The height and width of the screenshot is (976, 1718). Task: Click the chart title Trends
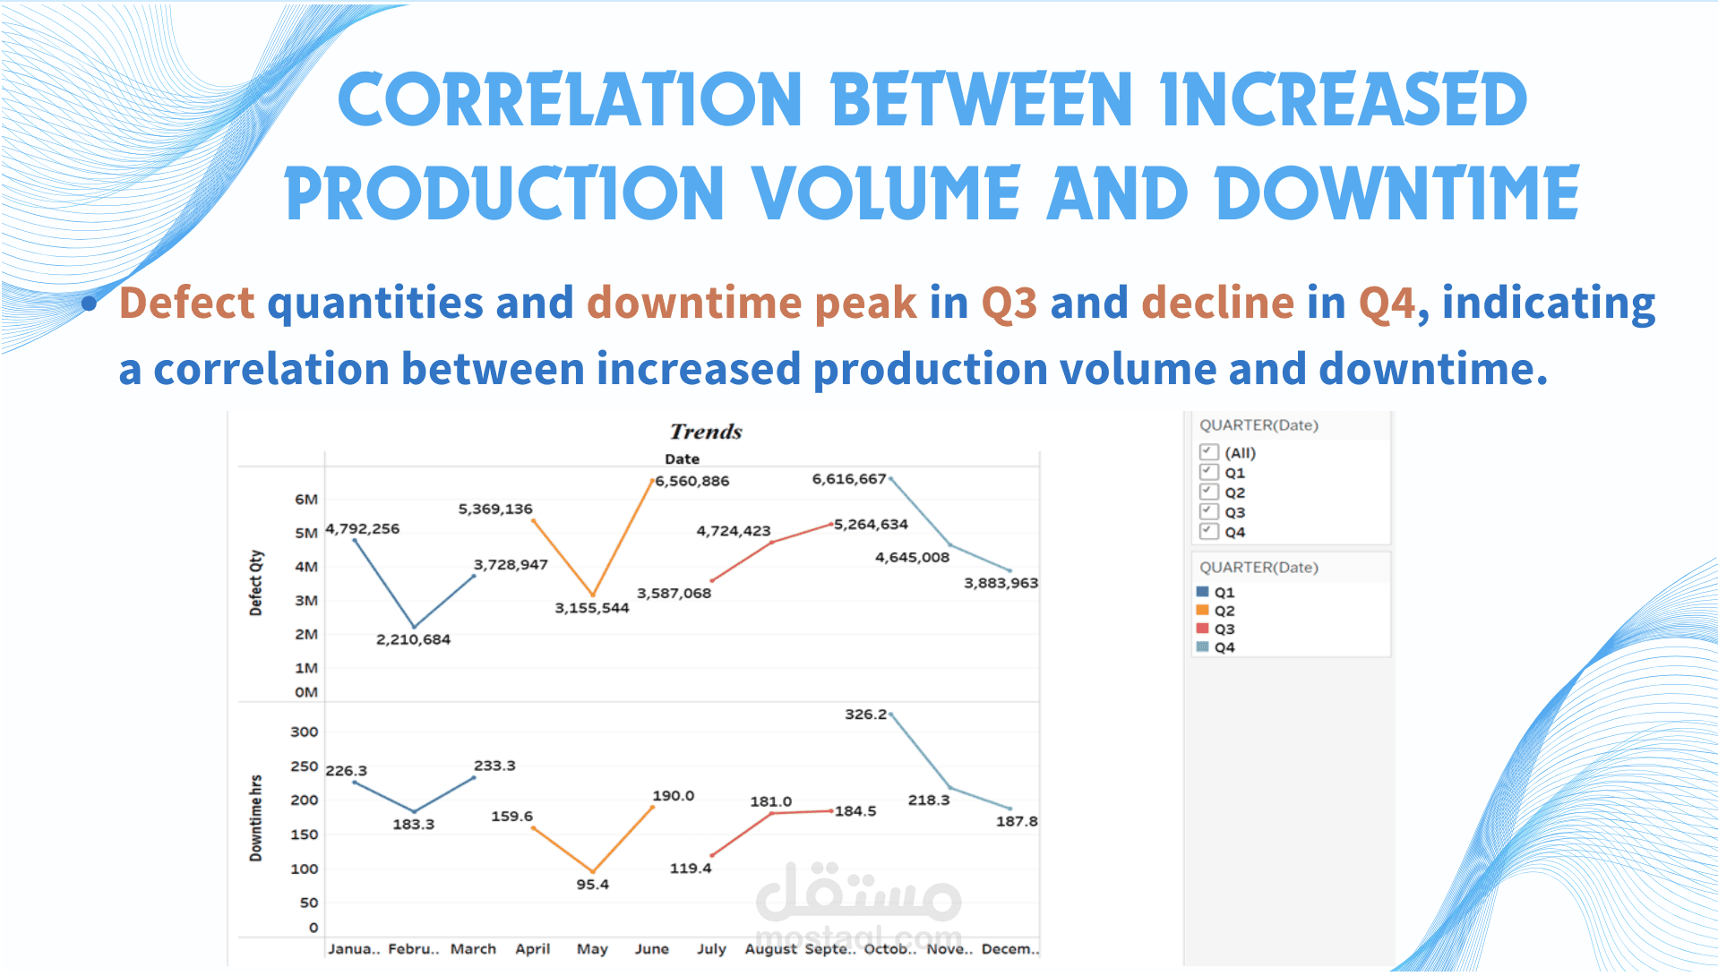[706, 432]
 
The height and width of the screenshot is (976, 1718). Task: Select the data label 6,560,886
[692, 481]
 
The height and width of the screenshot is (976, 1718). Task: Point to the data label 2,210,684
[413, 639]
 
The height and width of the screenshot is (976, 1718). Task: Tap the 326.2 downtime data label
[865, 714]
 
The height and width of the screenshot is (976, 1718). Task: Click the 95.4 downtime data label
[592, 884]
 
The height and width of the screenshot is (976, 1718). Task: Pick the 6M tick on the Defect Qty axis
[306, 499]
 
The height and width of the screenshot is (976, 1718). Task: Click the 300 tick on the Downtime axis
[305, 732]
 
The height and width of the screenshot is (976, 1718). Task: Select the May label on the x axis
[592, 948]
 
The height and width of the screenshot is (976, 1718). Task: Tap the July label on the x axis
[711, 948]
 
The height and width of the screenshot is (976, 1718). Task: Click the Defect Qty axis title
[256, 583]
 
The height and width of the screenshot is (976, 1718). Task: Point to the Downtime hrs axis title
[256, 818]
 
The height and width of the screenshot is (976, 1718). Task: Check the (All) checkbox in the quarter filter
[1209, 451]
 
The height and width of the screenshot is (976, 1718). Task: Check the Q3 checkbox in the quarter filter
[1209, 510]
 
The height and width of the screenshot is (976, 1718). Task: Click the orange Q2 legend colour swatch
[1203, 610]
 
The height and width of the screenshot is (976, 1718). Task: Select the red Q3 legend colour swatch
[1203, 628]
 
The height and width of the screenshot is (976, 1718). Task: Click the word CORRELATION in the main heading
[570, 99]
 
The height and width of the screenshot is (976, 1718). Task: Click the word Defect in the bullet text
[187, 303]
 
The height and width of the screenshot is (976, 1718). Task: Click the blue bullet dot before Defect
[90, 304]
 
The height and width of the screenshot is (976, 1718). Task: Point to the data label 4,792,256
[363, 528]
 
